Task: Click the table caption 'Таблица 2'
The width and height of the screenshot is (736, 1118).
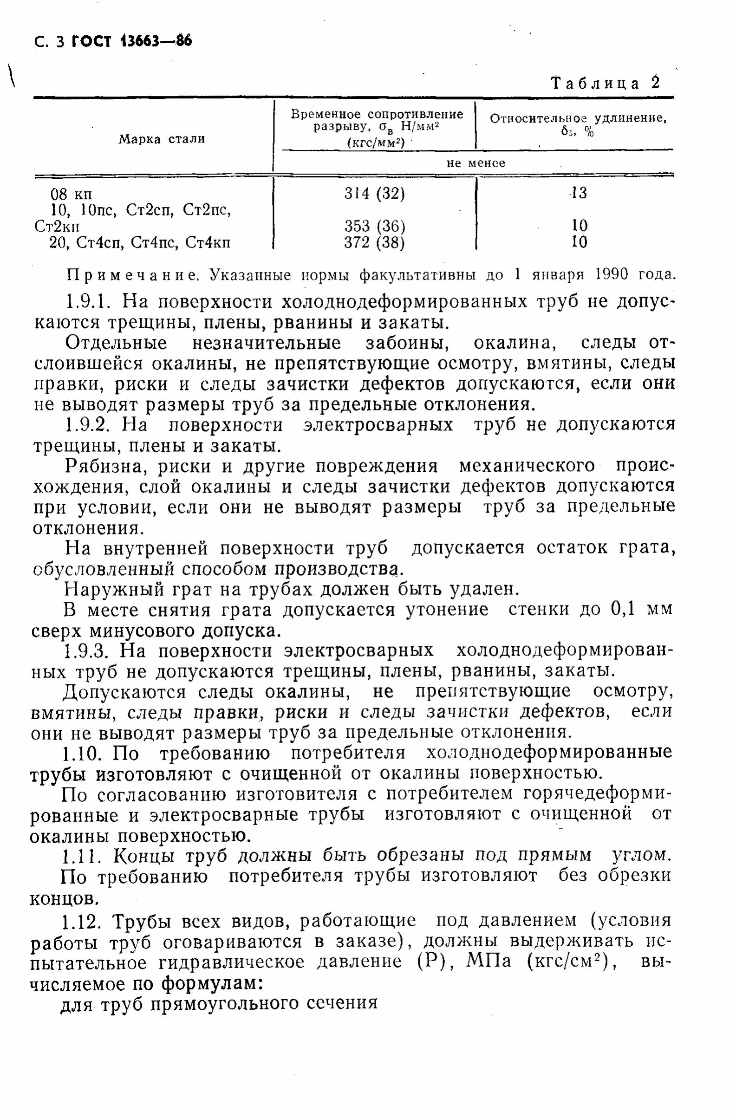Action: (x=606, y=83)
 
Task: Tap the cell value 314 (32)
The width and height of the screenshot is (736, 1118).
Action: (x=374, y=193)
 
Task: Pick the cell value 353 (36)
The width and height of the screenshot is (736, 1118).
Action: (x=374, y=226)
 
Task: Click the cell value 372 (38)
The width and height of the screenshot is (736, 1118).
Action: (x=374, y=242)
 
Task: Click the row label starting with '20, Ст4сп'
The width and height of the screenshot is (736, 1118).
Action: (x=140, y=243)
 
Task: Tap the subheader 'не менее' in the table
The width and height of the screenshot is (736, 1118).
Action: (x=476, y=163)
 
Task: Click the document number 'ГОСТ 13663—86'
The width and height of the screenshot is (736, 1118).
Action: (x=132, y=42)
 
